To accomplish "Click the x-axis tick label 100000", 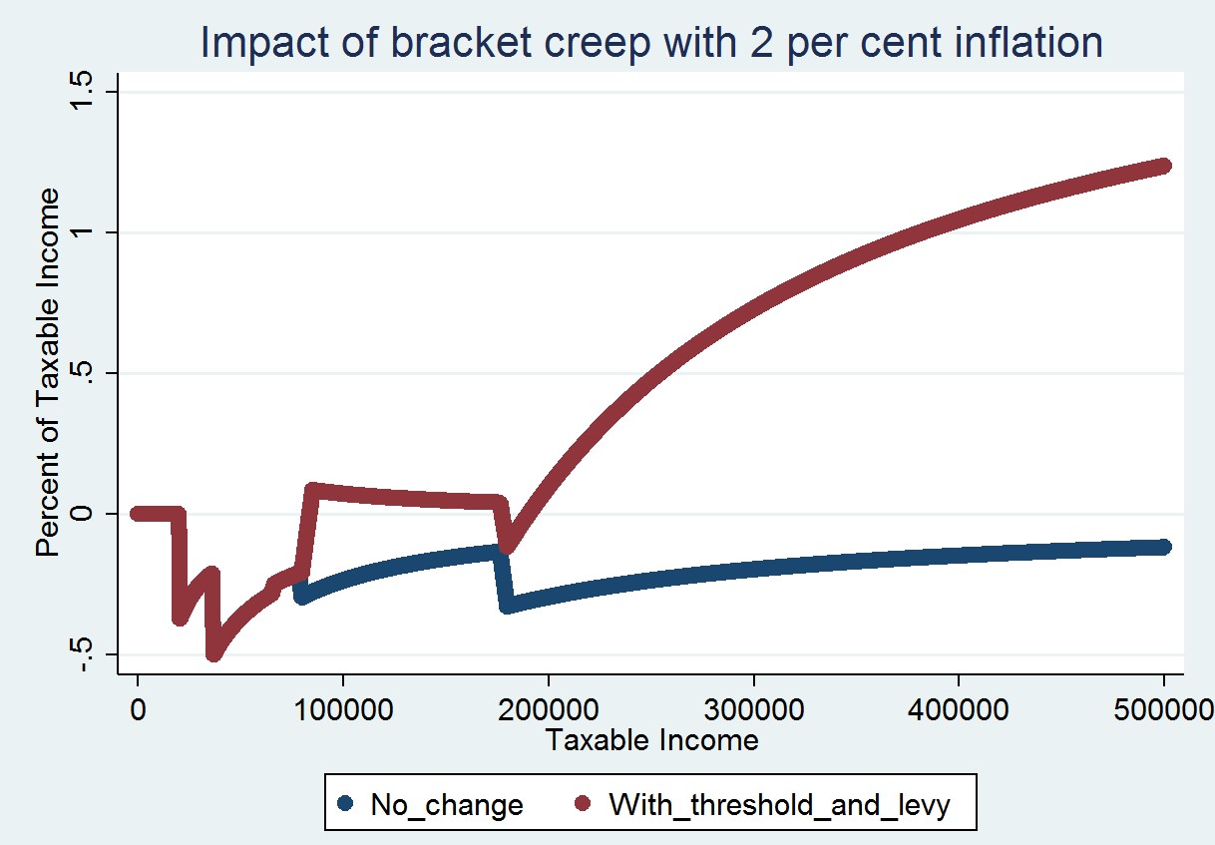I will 343,709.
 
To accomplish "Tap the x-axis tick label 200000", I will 548,709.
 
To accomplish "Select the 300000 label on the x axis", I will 753,709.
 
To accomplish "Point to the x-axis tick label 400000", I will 959,709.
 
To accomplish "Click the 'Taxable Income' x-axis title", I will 651,740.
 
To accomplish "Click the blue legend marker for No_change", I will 345,802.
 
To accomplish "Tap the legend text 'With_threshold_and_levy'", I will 779,803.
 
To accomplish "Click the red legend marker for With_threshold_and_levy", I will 585,802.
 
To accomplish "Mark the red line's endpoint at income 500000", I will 1163,166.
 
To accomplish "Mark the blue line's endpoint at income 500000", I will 1163,547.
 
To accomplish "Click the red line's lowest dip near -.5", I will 213,653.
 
